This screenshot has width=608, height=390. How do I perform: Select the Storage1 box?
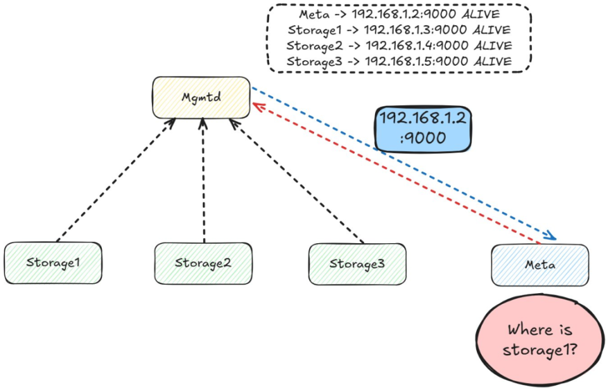[53, 263]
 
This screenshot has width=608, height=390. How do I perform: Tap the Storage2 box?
[203, 263]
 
